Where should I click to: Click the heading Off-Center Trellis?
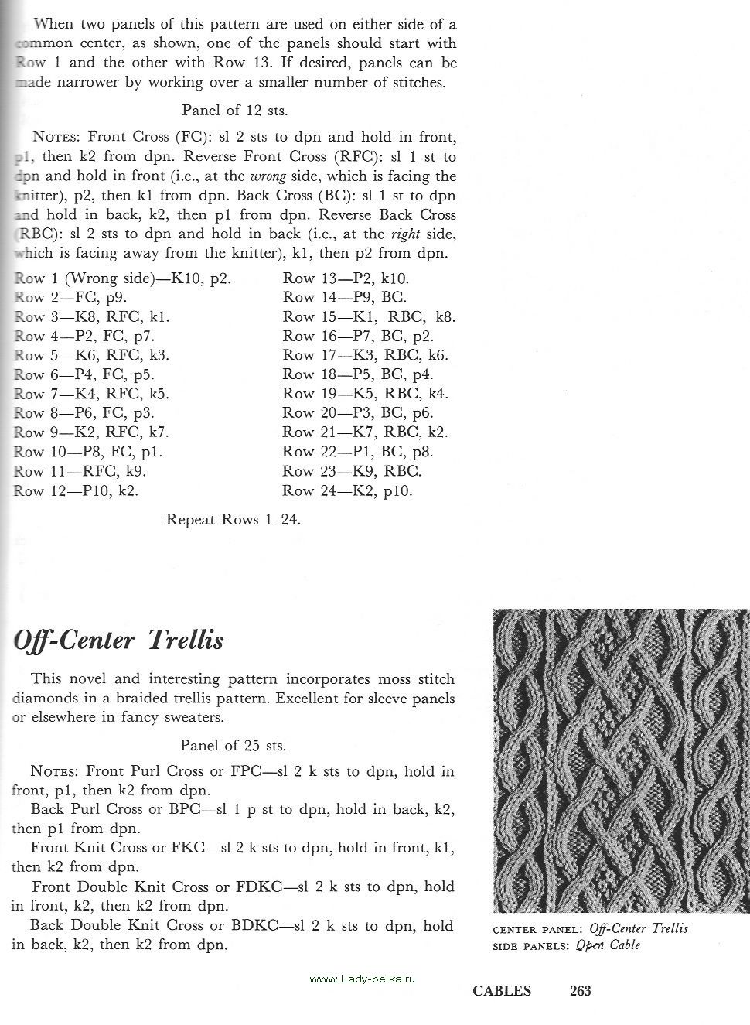click(x=119, y=641)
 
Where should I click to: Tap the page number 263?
click(x=580, y=991)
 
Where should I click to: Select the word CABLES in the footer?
click(x=502, y=991)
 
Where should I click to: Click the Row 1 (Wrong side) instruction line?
click(x=123, y=278)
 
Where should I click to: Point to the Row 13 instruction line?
click(x=346, y=278)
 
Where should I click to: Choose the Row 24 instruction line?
click(x=347, y=490)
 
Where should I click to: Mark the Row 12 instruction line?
click(x=77, y=490)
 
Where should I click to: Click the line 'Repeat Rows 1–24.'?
click(x=233, y=520)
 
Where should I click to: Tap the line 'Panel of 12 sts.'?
click(x=234, y=110)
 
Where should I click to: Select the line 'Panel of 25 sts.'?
click(x=233, y=746)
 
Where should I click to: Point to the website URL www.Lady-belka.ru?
click(x=362, y=979)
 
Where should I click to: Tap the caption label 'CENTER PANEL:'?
click(x=538, y=928)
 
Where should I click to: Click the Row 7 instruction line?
click(x=91, y=394)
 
